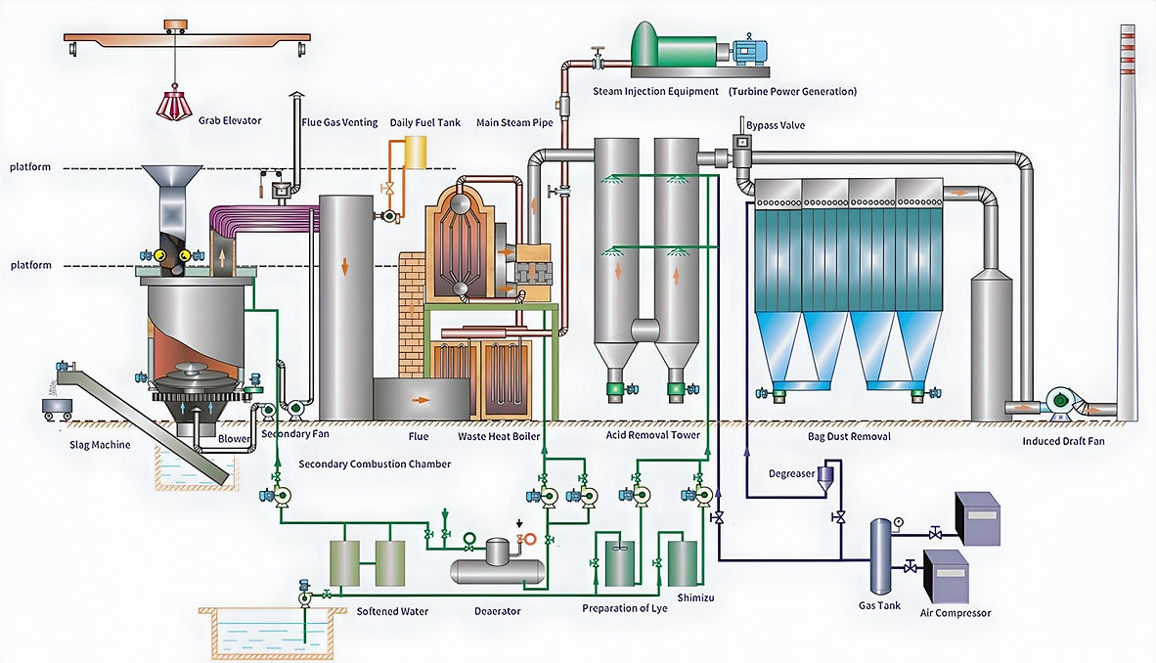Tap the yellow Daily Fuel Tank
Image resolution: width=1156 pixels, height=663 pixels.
click(x=416, y=153)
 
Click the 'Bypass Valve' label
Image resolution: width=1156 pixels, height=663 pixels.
click(x=776, y=125)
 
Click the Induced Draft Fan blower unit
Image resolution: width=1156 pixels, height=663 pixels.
click(x=1061, y=400)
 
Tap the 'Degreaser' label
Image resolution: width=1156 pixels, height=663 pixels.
click(x=790, y=473)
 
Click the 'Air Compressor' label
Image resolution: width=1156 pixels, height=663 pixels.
click(x=956, y=613)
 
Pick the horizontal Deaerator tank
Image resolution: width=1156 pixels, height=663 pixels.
click(x=497, y=566)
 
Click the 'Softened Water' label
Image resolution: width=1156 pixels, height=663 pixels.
click(x=391, y=611)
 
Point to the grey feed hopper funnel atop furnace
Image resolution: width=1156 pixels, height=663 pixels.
click(x=173, y=187)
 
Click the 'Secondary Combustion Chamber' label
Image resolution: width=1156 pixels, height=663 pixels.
click(x=375, y=464)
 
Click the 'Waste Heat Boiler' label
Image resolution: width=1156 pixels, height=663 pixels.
click(x=499, y=436)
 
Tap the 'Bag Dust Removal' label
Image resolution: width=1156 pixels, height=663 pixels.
click(x=849, y=436)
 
